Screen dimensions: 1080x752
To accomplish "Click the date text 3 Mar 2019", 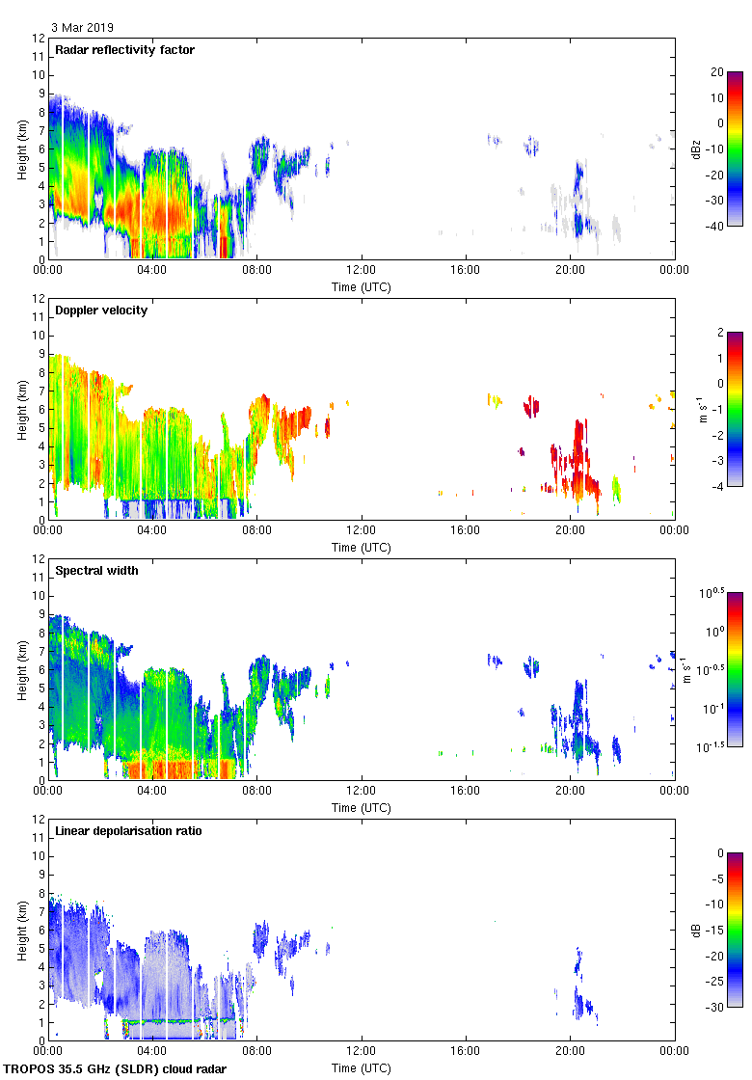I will click(82, 28).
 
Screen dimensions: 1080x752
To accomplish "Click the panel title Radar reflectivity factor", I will click(125, 50).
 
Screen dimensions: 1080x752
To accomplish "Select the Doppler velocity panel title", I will click(101, 310).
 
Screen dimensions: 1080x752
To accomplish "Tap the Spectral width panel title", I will click(97, 571).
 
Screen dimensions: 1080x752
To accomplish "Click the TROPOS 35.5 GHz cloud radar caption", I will click(116, 1069).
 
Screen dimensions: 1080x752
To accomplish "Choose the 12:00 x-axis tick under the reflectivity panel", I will click(362, 271).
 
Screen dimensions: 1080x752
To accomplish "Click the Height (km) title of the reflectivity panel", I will click(21, 148).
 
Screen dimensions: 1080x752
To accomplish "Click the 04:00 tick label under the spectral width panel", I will click(152, 792).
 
